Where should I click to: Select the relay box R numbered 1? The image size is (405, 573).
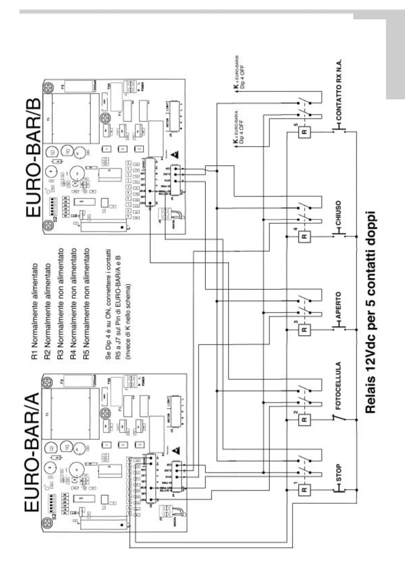(304, 490)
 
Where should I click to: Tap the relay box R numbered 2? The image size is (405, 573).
(304, 420)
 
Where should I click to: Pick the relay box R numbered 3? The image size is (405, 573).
(304, 329)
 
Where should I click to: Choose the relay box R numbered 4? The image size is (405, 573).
(304, 236)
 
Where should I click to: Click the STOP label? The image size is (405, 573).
(338, 473)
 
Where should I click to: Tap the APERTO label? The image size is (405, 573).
(338, 305)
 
